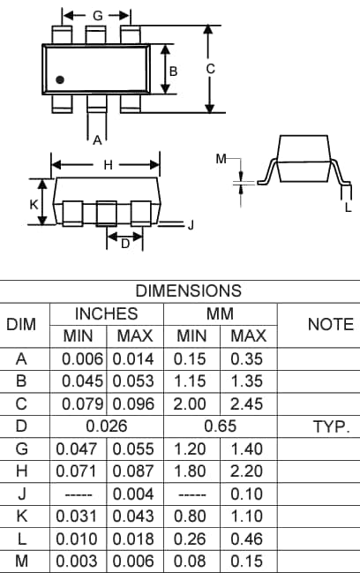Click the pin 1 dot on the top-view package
[60, 80]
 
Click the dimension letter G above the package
[97, 16]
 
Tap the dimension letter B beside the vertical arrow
[175, 70]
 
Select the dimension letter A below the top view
[97, 139]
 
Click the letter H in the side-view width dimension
[108, 164]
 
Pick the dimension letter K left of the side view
[34, 204]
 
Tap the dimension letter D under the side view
[125, 244]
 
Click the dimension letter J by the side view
[191, 225]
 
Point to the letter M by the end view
[221, 159]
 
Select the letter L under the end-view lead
[348, 207]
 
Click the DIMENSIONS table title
[187, 290]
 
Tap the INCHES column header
[106, 313]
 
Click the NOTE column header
[330, 324]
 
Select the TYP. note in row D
[331, 426]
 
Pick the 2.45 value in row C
[248, 403]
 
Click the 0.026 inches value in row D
[106, 426]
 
